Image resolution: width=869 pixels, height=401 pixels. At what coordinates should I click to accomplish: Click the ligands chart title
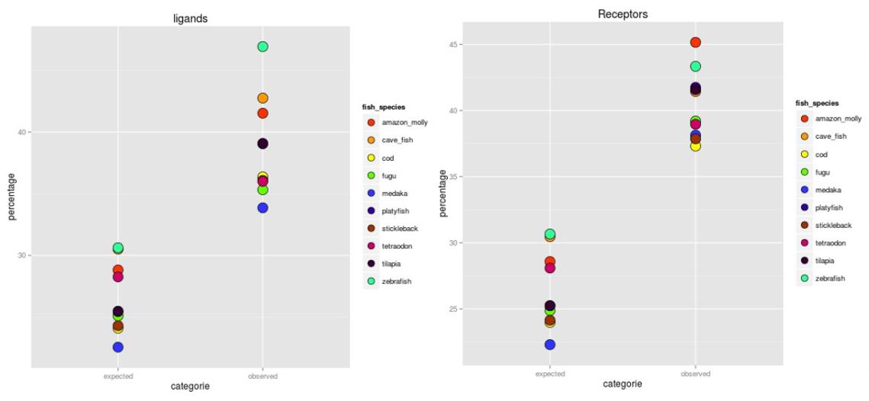[x=189, y=18]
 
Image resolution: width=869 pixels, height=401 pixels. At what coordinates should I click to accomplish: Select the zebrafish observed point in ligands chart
[x=262, y=47]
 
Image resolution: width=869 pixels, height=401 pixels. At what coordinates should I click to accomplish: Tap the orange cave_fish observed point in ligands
[x=262, y=98]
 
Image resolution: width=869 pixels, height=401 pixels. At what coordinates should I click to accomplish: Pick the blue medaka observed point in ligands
[x=262, y=207]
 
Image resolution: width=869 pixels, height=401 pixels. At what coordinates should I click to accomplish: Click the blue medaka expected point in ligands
[x=118, y=347]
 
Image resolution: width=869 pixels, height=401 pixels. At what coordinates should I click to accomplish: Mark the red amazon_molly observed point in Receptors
[x=695, y=43]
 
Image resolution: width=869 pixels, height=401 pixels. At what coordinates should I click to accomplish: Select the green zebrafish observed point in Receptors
[x=695, y=66]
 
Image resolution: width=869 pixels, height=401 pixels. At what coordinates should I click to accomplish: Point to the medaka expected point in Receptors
[x=550, y=345]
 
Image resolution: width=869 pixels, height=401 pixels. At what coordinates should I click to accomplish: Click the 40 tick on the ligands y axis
[x=22, y=132]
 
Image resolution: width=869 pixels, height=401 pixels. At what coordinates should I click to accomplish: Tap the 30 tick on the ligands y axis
[x=22, y=255]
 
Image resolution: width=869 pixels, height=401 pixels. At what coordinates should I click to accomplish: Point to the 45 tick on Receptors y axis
[x=455, y=44]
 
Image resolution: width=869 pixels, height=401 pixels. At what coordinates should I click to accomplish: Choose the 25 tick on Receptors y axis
[x=455, y=309]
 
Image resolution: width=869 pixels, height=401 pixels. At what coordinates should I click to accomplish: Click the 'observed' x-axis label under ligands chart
[x=262, y=376]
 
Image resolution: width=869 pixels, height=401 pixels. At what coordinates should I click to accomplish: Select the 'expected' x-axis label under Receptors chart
[x=550, y=374]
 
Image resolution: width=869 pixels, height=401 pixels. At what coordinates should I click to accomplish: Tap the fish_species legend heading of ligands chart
[x=383, y=107]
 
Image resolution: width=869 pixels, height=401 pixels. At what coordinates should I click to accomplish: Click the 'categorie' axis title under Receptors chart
[x=622, y=384]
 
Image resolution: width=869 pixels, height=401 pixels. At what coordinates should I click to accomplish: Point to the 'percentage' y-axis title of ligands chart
[x=11, y=196]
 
